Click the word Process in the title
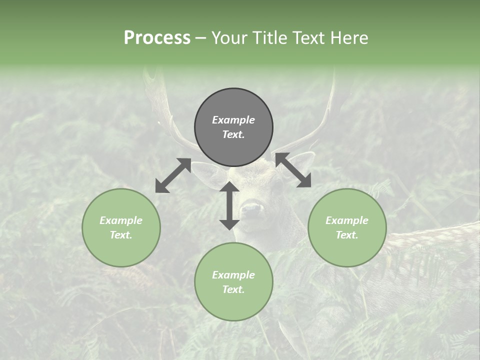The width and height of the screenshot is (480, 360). (157, 38)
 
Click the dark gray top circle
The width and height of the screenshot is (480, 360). (233, 127)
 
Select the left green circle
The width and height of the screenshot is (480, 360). (121, 227)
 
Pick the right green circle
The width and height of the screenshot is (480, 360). (347, 227)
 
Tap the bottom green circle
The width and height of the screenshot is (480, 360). (233, 281)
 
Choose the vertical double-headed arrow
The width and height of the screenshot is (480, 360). (229, 205)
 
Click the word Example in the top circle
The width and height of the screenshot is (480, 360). (233, 120)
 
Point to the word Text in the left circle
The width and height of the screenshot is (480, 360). (120, 235)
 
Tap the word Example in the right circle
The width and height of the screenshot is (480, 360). (347, 220)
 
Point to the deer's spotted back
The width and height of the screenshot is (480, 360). (435, 240)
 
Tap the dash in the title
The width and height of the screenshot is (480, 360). (201, 38)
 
